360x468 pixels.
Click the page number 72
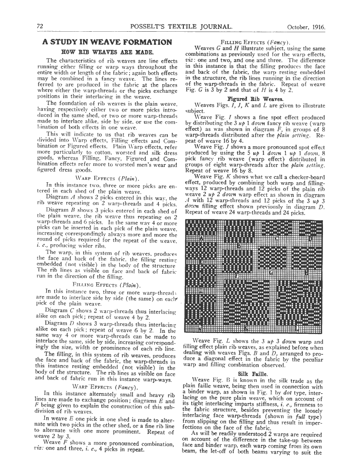pyautogui.click(x=40, y=26)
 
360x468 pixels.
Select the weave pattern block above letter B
pyautogui.click(x=239, y=231)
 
